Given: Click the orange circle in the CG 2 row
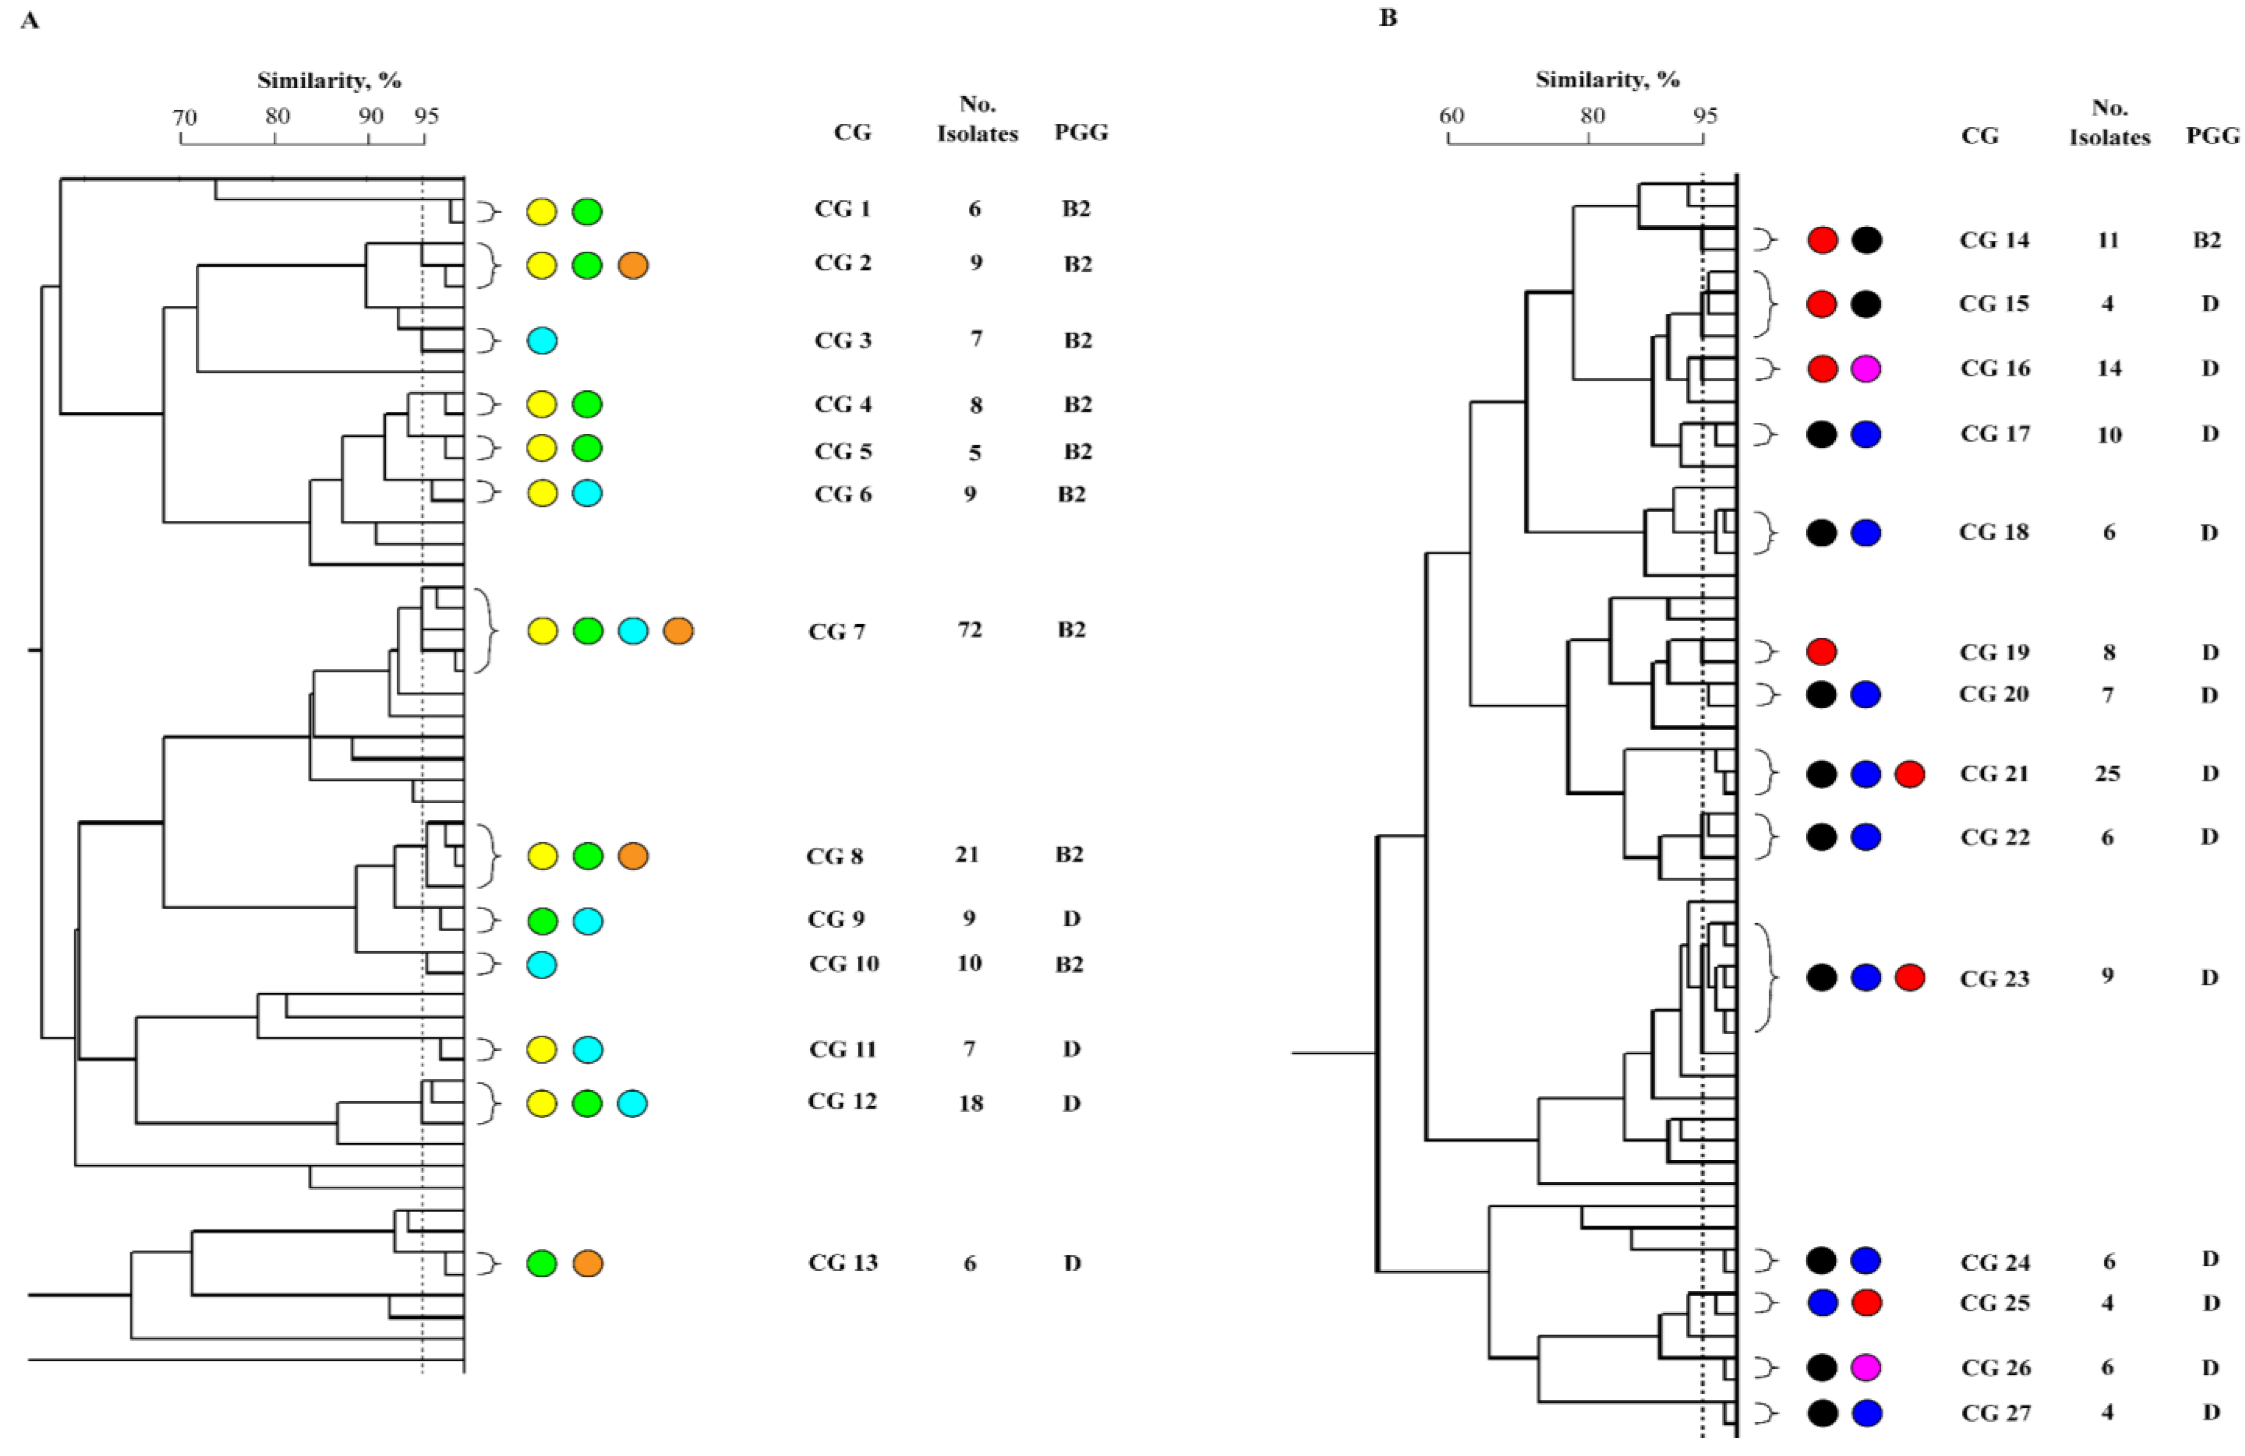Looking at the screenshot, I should pos(633,266).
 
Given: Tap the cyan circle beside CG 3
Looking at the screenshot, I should pos(542,340).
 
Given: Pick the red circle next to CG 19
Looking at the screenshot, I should pos(1821,652).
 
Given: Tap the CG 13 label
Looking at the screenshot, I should pos(842,1262).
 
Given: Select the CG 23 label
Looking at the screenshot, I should pos(1994,979).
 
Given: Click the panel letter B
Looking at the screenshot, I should pos(1388,18).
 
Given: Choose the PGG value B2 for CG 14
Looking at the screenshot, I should pos(2207,240).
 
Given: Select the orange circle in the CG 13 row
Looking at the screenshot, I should pos(588,1263).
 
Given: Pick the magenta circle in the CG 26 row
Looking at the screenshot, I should pos(1866,1367).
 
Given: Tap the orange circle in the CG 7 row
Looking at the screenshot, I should pos(678,631).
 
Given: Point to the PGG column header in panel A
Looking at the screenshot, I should pos(1081,133).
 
